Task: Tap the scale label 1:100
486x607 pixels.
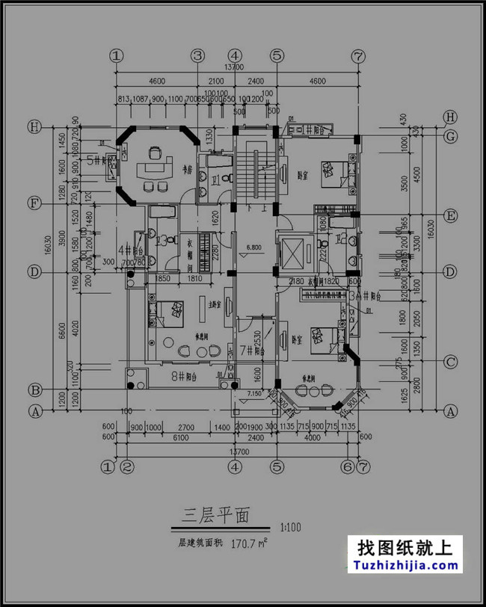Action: [291, 527]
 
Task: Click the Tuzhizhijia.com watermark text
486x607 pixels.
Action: [405, 564]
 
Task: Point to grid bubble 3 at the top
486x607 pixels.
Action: [197, 55]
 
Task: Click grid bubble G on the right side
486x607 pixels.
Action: [450, 137]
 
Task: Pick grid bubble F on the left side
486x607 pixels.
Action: [34, 203]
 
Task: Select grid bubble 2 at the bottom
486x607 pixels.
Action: [127, 467]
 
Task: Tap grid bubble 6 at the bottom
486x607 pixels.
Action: [346, 467]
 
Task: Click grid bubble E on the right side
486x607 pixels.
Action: [450, 217]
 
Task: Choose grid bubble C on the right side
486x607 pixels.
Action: [450, 363]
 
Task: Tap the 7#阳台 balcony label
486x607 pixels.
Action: [253, 349]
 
